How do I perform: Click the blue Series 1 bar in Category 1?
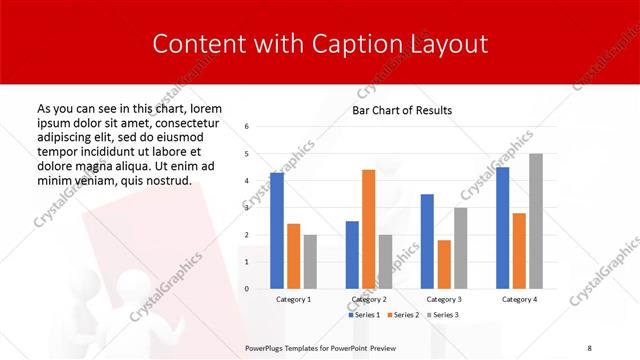(277, 231)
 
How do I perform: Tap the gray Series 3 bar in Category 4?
(536, 221)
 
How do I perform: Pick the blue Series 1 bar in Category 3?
(427, 241)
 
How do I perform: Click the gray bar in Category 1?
(310, 262)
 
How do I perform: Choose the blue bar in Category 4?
(502, 228)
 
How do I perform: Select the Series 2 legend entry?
(402, 315)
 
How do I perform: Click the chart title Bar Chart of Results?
(402, 110)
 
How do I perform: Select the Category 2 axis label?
(368, 299)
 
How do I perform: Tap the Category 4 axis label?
(519, 299)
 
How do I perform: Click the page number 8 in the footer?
(589, 347)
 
